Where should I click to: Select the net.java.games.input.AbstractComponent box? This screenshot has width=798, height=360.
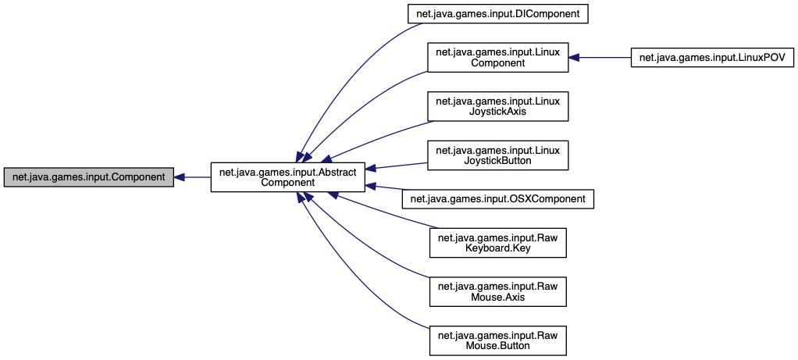287,177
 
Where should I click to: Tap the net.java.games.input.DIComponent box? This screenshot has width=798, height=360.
497,13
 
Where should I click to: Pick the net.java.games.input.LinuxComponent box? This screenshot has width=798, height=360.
497,57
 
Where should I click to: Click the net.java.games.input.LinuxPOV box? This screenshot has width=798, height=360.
711,57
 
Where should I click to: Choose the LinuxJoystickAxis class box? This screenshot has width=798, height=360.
497,106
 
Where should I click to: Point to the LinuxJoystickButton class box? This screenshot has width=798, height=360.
497,155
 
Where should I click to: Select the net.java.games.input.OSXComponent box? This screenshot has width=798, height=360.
497,199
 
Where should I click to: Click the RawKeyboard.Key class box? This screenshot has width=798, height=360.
497,243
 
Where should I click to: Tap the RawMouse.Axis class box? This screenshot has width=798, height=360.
497,291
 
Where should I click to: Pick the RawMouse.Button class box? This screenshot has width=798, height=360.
497,340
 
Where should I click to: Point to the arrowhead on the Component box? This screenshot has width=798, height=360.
179,177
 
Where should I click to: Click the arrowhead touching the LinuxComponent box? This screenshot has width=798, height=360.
574,57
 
